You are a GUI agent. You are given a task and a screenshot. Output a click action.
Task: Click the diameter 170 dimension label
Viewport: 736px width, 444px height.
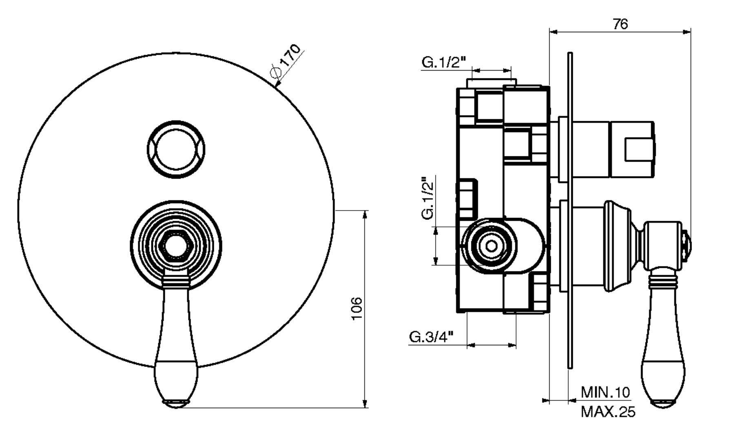[x=286, y=61]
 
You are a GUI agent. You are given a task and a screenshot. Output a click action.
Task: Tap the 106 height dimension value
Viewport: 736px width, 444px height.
[x=356, y=309]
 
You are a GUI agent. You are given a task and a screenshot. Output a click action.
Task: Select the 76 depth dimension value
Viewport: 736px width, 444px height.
[x=620, y=24]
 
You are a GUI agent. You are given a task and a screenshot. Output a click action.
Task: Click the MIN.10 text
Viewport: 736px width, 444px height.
[x=605, y=393]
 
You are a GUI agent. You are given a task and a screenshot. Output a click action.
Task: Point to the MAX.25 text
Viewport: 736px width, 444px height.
[x=608, y=412]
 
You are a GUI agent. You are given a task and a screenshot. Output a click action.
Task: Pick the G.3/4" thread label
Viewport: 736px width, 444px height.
[x=432, y=337]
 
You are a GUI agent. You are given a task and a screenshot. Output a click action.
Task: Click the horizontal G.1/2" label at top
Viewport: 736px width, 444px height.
[x=444, y=62]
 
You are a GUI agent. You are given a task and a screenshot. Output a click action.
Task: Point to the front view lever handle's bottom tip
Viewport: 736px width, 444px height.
[x=176, y=404]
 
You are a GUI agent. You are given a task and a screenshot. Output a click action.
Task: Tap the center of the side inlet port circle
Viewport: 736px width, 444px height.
[x=491, y=246]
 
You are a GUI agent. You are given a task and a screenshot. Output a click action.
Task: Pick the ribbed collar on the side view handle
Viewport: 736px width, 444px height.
[x=663, y=280]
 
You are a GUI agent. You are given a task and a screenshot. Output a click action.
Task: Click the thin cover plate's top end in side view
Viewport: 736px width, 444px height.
[x=570, y=55]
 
